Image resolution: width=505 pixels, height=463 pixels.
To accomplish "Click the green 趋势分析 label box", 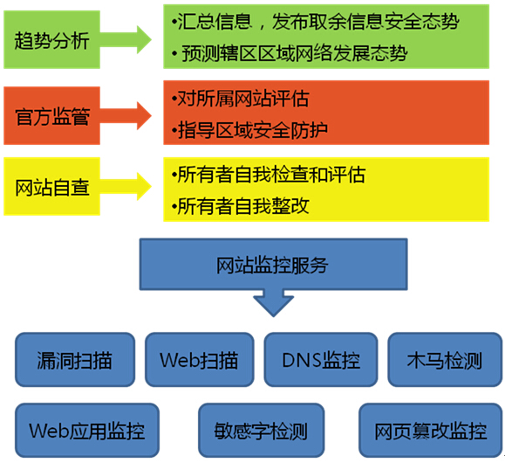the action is pyautogui.click(x=51, y=39).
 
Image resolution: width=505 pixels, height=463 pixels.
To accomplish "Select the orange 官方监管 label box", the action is pyautogui.click(x=51, y=115).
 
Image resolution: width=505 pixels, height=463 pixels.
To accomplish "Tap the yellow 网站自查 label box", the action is pyautogui.click(x=51, y=186).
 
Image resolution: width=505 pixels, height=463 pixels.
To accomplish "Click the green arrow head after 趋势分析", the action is pyautogui.click(x=144, y=39).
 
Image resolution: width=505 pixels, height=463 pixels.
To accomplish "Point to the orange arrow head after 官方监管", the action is pyautogui.click(x=144, y=115).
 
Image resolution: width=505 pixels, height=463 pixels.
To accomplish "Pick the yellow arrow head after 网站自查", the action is pyautogui.click(x=144, y=186).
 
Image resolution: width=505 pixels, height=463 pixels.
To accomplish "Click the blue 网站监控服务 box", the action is pyautogui.click(x=274, y=264).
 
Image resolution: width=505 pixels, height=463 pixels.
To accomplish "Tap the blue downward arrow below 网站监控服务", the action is pyautogui.click(x=274, y=303).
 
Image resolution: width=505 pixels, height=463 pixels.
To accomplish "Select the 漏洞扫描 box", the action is pyautogui.click(x=75, y=359).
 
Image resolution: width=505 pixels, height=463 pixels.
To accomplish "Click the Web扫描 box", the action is pyautogui.click(x=200, y=359).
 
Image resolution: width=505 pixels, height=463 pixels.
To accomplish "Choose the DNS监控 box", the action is pyautogui.click(x=321, y=359).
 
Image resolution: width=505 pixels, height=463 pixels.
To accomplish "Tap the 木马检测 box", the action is pyautogui.click(x=445, y=359).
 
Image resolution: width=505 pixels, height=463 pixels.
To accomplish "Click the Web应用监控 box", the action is pyautogui.click(x=87, y=430).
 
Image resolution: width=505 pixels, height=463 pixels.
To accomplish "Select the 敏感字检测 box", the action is pyautogui.click(x=261, y=430).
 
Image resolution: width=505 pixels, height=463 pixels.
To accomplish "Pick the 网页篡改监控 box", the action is pyautogui.click(x=431, y=430).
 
